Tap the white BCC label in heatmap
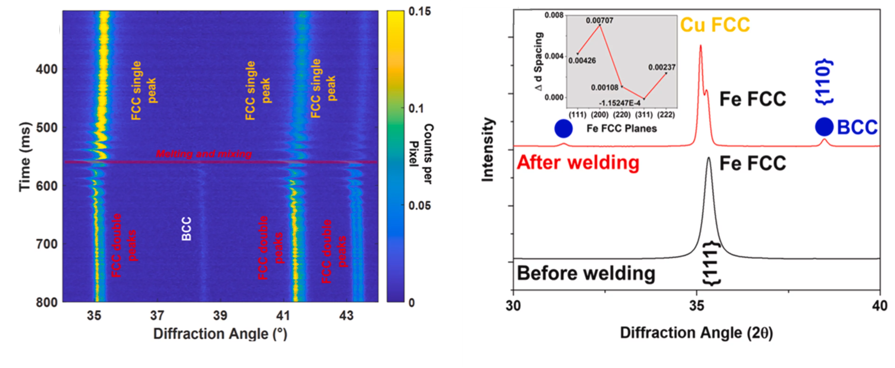pyautogui.click(x=187, y=229)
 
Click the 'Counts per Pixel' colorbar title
pyautogui.click(x=422, y=154)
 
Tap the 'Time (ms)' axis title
pyautogui.click(x=25, y=157)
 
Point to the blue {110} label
pyautogui.click(x=824, y=82)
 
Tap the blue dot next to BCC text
pyautogui.click(x=824, y=127)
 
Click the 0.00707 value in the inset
pyautogui.click(x=599, y=20)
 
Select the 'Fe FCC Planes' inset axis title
pyautogui.click(x=622, y=129)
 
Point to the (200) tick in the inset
pyautogui.click(x=600, y=115)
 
